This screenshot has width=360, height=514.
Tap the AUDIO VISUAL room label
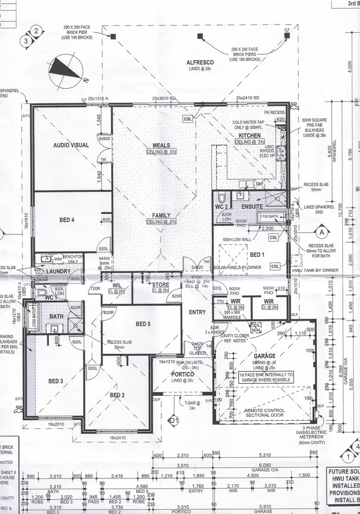(71, 145)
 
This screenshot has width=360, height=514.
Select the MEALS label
(161, 146)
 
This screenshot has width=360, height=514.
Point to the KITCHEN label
(250, 136)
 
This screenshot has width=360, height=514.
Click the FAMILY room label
(161, 216)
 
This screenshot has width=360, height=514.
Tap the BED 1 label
(257, 255)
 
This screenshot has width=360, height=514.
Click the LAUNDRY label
(59, 271)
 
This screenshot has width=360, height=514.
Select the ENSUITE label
(252, 206)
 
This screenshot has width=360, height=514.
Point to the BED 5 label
(143, 324)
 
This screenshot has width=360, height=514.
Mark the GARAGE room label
(265, 356)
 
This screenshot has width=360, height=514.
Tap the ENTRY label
(197, 312)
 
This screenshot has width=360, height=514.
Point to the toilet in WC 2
(222, 197)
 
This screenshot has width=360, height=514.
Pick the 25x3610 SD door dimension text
(165, 98)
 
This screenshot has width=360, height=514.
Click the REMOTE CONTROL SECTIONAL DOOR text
(264, 413)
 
